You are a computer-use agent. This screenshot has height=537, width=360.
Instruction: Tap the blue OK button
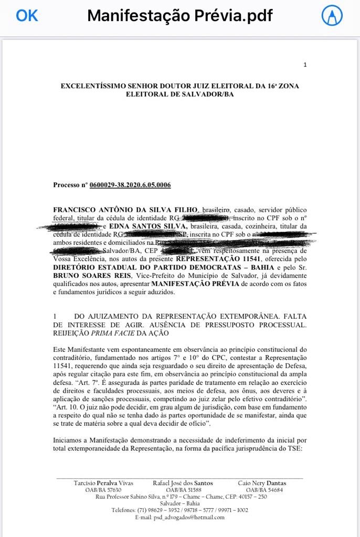pos(27,16)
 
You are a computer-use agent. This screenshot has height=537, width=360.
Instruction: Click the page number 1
pos(305,65)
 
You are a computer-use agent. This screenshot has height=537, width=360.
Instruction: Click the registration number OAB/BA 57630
pos(100,489)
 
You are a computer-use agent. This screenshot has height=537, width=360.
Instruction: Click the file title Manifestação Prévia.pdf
pos(180,16)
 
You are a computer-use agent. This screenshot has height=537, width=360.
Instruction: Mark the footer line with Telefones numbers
pos(179,510)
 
